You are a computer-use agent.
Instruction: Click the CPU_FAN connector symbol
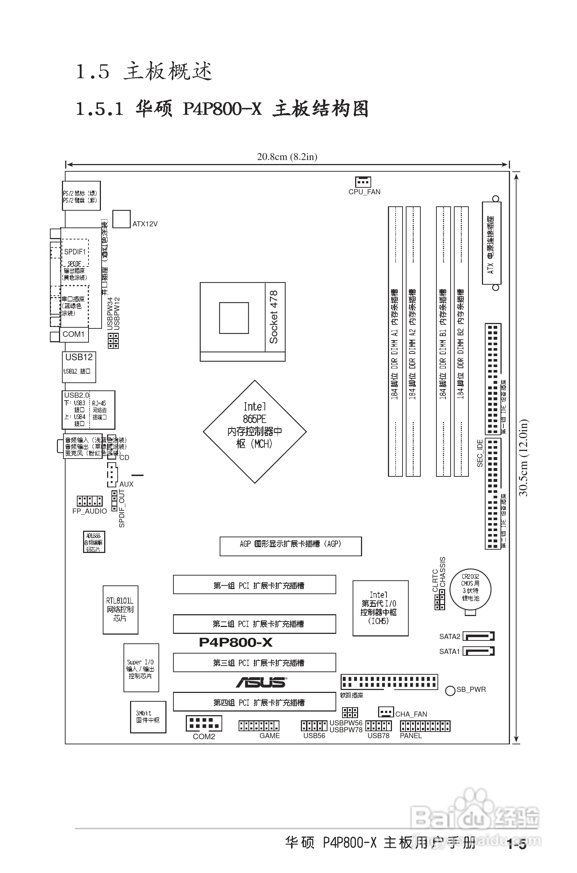coord(363,182)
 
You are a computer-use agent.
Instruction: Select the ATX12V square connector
coord(121,219)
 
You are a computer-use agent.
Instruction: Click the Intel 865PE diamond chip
coord(255,431)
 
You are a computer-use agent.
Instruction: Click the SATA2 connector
coord(478,636)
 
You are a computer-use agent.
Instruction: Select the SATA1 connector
coord(478,651)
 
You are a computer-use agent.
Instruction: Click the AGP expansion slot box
coord(290,546)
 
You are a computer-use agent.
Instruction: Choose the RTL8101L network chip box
coord(120,610)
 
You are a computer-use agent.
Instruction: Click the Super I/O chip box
coord(141,667)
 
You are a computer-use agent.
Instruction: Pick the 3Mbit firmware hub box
coord(148,717)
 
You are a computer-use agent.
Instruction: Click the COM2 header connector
coord(204,724)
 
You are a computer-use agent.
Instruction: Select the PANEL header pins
coord(425,726)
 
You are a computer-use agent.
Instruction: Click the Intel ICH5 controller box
coord(380,608)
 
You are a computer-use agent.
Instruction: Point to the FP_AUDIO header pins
coord(89,501)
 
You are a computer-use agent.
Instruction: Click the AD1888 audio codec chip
coord(94,542)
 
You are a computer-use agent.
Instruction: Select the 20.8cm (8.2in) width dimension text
coord(287,157)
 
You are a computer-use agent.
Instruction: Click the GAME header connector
coord(259,726)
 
